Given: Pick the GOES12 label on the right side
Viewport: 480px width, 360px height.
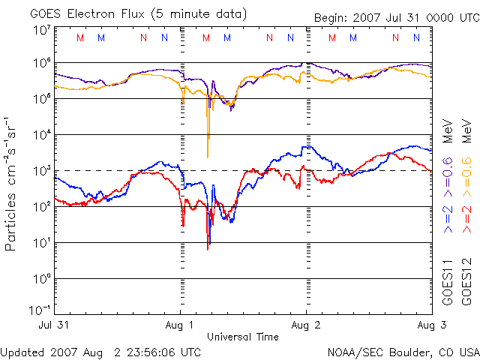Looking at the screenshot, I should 466,282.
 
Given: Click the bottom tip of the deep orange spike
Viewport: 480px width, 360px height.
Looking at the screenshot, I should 208,156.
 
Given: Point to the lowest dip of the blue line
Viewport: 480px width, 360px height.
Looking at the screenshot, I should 210,244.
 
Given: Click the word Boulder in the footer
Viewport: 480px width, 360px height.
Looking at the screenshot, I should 405,352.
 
